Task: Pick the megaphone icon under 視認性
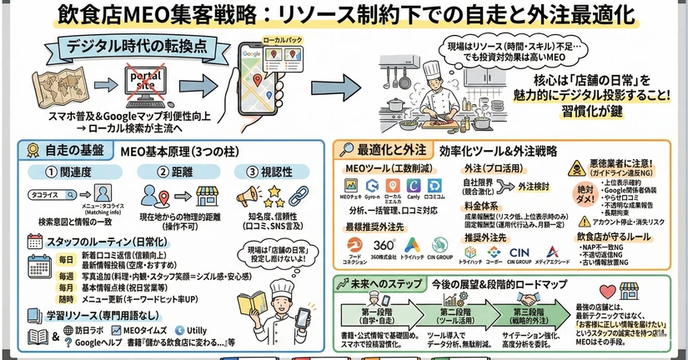[x=250, y=197]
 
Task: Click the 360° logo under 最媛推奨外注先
[x=385, y=247]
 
